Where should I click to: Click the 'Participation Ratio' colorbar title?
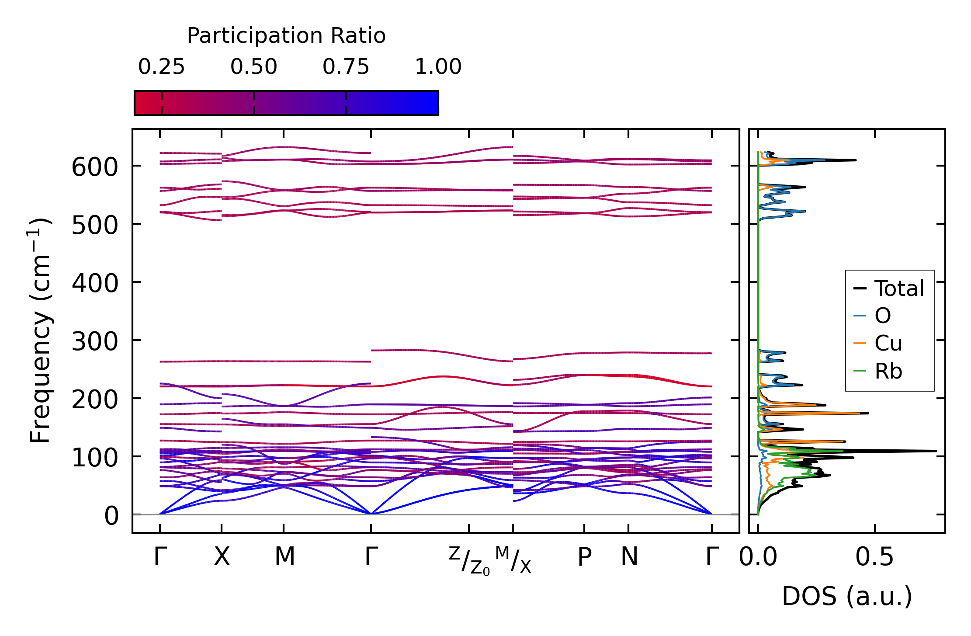click(x=286, y=36)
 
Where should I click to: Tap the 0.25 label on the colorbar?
click(x=161, y=67)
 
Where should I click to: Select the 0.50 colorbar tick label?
click(x=253, y=67)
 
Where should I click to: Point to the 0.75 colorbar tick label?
click(x=346, y=67)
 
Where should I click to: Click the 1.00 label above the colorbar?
click(x=438, y=67)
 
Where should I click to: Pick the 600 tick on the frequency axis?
click(x=95, y=167)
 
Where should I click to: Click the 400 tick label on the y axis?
click(x=95, y=284)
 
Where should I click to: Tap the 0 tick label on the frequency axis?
click(x=111, y=516)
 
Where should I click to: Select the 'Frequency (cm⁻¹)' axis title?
click(x=41, y=330)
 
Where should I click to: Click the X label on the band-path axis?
click(x=222, y=557)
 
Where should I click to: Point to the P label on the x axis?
click(x=584, y=557)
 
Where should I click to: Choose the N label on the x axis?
click(x=629, y=557)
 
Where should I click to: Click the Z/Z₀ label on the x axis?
click(x=469, y=561)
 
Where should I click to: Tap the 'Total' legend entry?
click(x=899, y=288)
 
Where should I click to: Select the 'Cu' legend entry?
click(x=888, y=344)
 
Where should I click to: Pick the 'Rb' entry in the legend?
click(x=888, y=372)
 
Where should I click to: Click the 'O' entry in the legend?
click(x=882, y=316)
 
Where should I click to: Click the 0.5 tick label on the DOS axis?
click(x=874, y=557)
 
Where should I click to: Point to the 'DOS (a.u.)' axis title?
click(x=847, y=597)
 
